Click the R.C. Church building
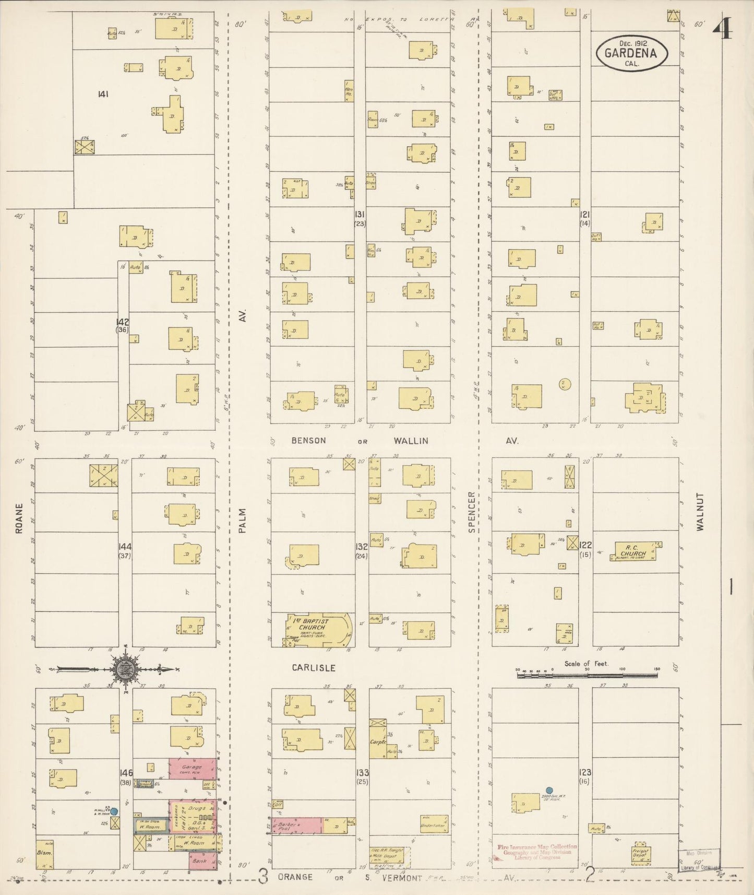pos(633,551)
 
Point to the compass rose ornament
pos(125,668)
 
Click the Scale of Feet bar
pos(587,675)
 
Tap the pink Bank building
pos(202,861)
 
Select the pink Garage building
pos(192,769)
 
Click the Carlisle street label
pos(313,668)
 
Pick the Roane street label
pos(19,518)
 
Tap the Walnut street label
pos(700,512)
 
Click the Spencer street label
pos(471,512)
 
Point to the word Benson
pos(308,441)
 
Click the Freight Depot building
pos(640,854)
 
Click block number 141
pos(103,94)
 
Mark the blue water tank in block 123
pos(548,790)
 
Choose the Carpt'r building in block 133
pos(378,741)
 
